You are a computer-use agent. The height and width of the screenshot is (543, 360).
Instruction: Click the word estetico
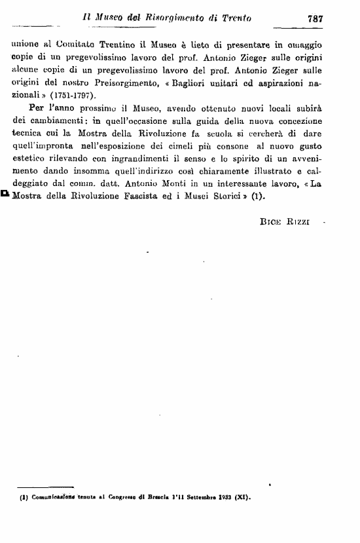(31, 162)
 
